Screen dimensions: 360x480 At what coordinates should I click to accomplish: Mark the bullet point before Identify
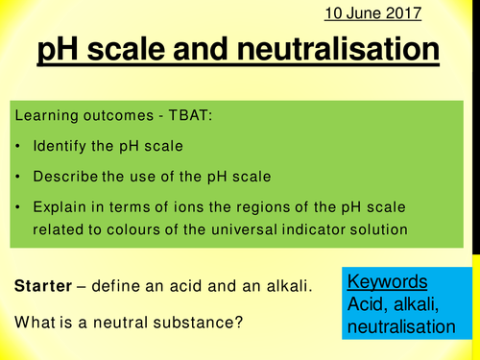(x=19, y=149)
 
